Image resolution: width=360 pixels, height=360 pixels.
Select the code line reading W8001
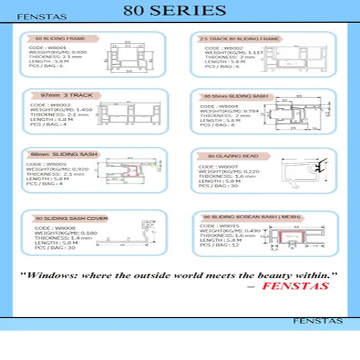click(49, 48)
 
